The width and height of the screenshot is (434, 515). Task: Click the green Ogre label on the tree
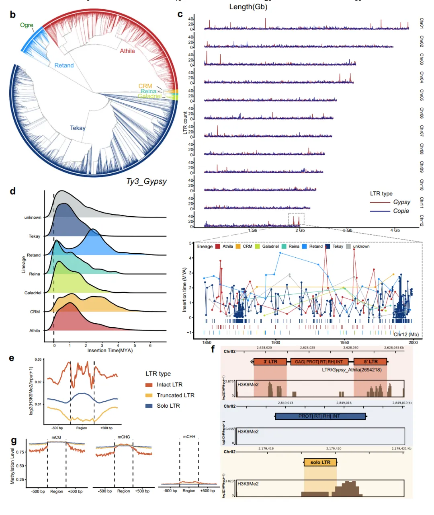[27, 25]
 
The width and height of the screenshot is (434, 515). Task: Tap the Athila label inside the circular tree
[127, 51]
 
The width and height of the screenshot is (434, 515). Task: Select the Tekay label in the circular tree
[78, 128]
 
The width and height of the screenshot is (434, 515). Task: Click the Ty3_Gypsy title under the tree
[146, 181]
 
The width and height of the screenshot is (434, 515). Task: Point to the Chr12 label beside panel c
[422, 220]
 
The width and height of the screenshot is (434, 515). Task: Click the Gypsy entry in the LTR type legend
[401, 202]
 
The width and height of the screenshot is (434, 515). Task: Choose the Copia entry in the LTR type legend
[401, 211]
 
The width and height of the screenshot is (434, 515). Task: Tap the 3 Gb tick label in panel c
[348, 230]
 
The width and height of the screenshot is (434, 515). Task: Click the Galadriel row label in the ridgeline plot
[33, 293]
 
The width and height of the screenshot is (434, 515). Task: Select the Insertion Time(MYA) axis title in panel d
[110, 351]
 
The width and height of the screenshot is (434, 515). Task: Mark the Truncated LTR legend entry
[175, 396]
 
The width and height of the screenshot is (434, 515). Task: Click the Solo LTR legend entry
[168, 406]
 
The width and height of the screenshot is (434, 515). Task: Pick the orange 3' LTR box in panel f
[270, 361]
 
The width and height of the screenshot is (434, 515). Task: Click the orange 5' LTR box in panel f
[371, 361]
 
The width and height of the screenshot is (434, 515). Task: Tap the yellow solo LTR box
[320, 462]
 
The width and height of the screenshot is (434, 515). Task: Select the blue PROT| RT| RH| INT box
[320, 416]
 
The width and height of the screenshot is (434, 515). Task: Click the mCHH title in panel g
[189, 437]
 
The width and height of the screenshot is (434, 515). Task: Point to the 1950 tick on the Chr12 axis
[344, 343]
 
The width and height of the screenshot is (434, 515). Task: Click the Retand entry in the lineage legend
[315, 246]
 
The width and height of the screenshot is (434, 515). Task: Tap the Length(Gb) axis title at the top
[248, 7]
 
